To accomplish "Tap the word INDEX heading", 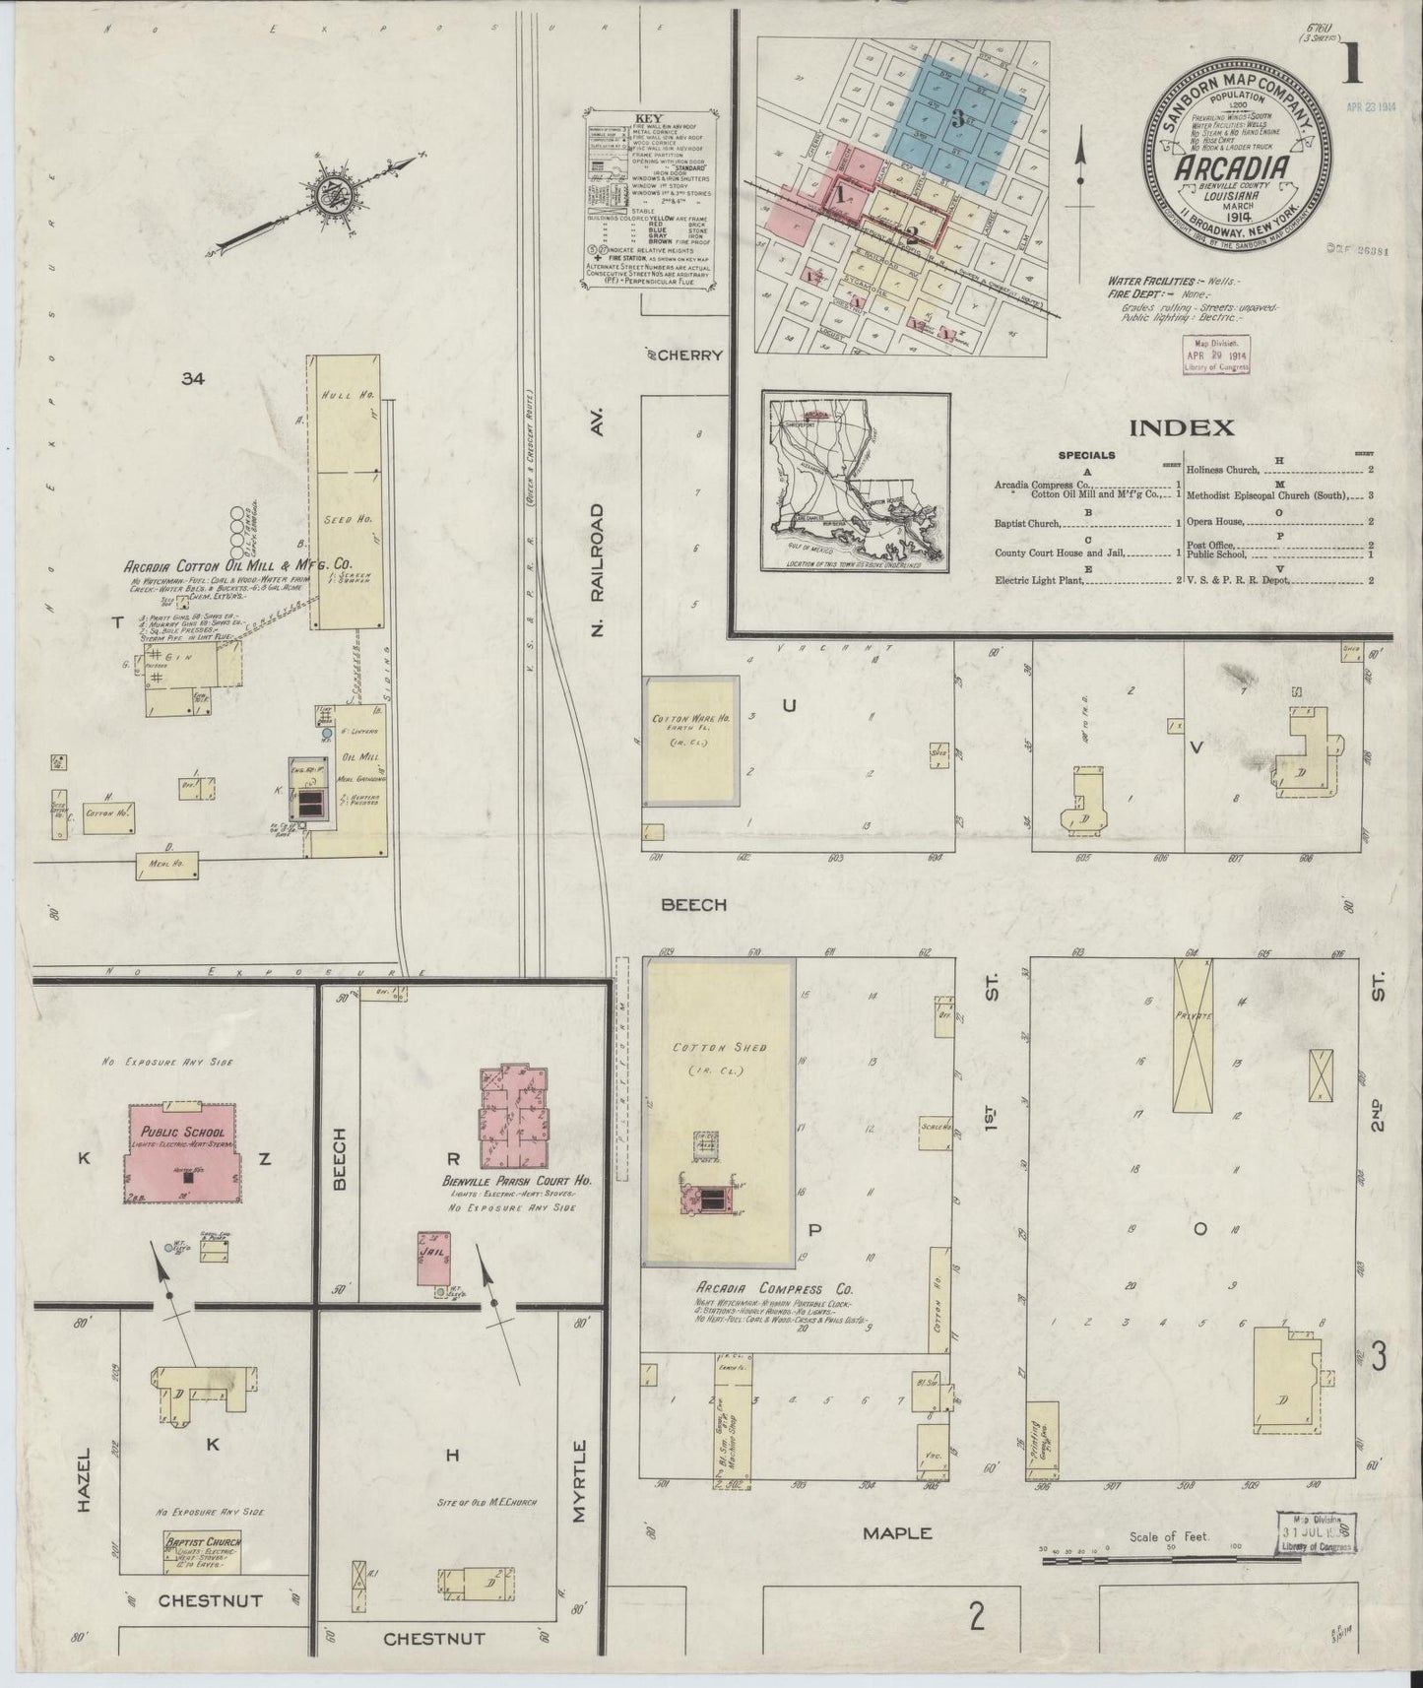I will pos(1181,427).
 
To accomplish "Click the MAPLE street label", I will pos(896,1532).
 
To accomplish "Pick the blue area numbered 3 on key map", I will pos(956,120).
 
